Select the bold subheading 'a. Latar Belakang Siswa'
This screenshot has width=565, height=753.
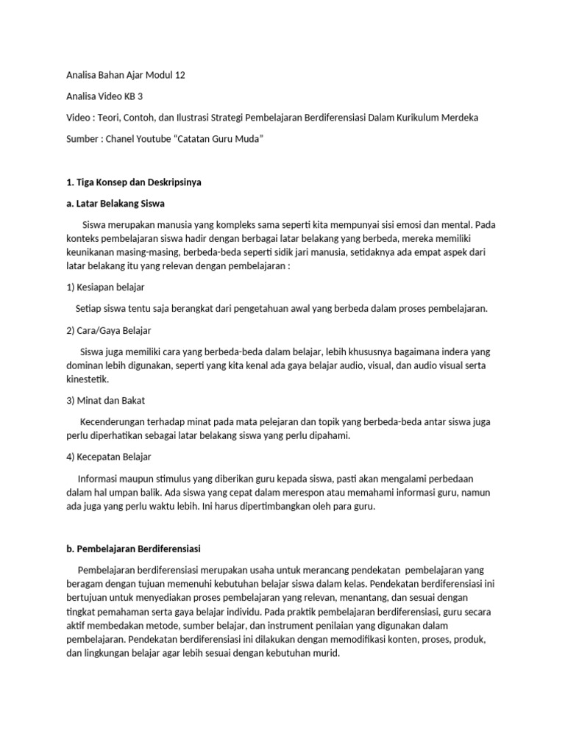[116, 203]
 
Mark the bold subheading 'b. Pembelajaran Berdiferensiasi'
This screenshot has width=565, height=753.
[133, 549]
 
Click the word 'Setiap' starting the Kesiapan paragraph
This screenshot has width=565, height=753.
[90, 309]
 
